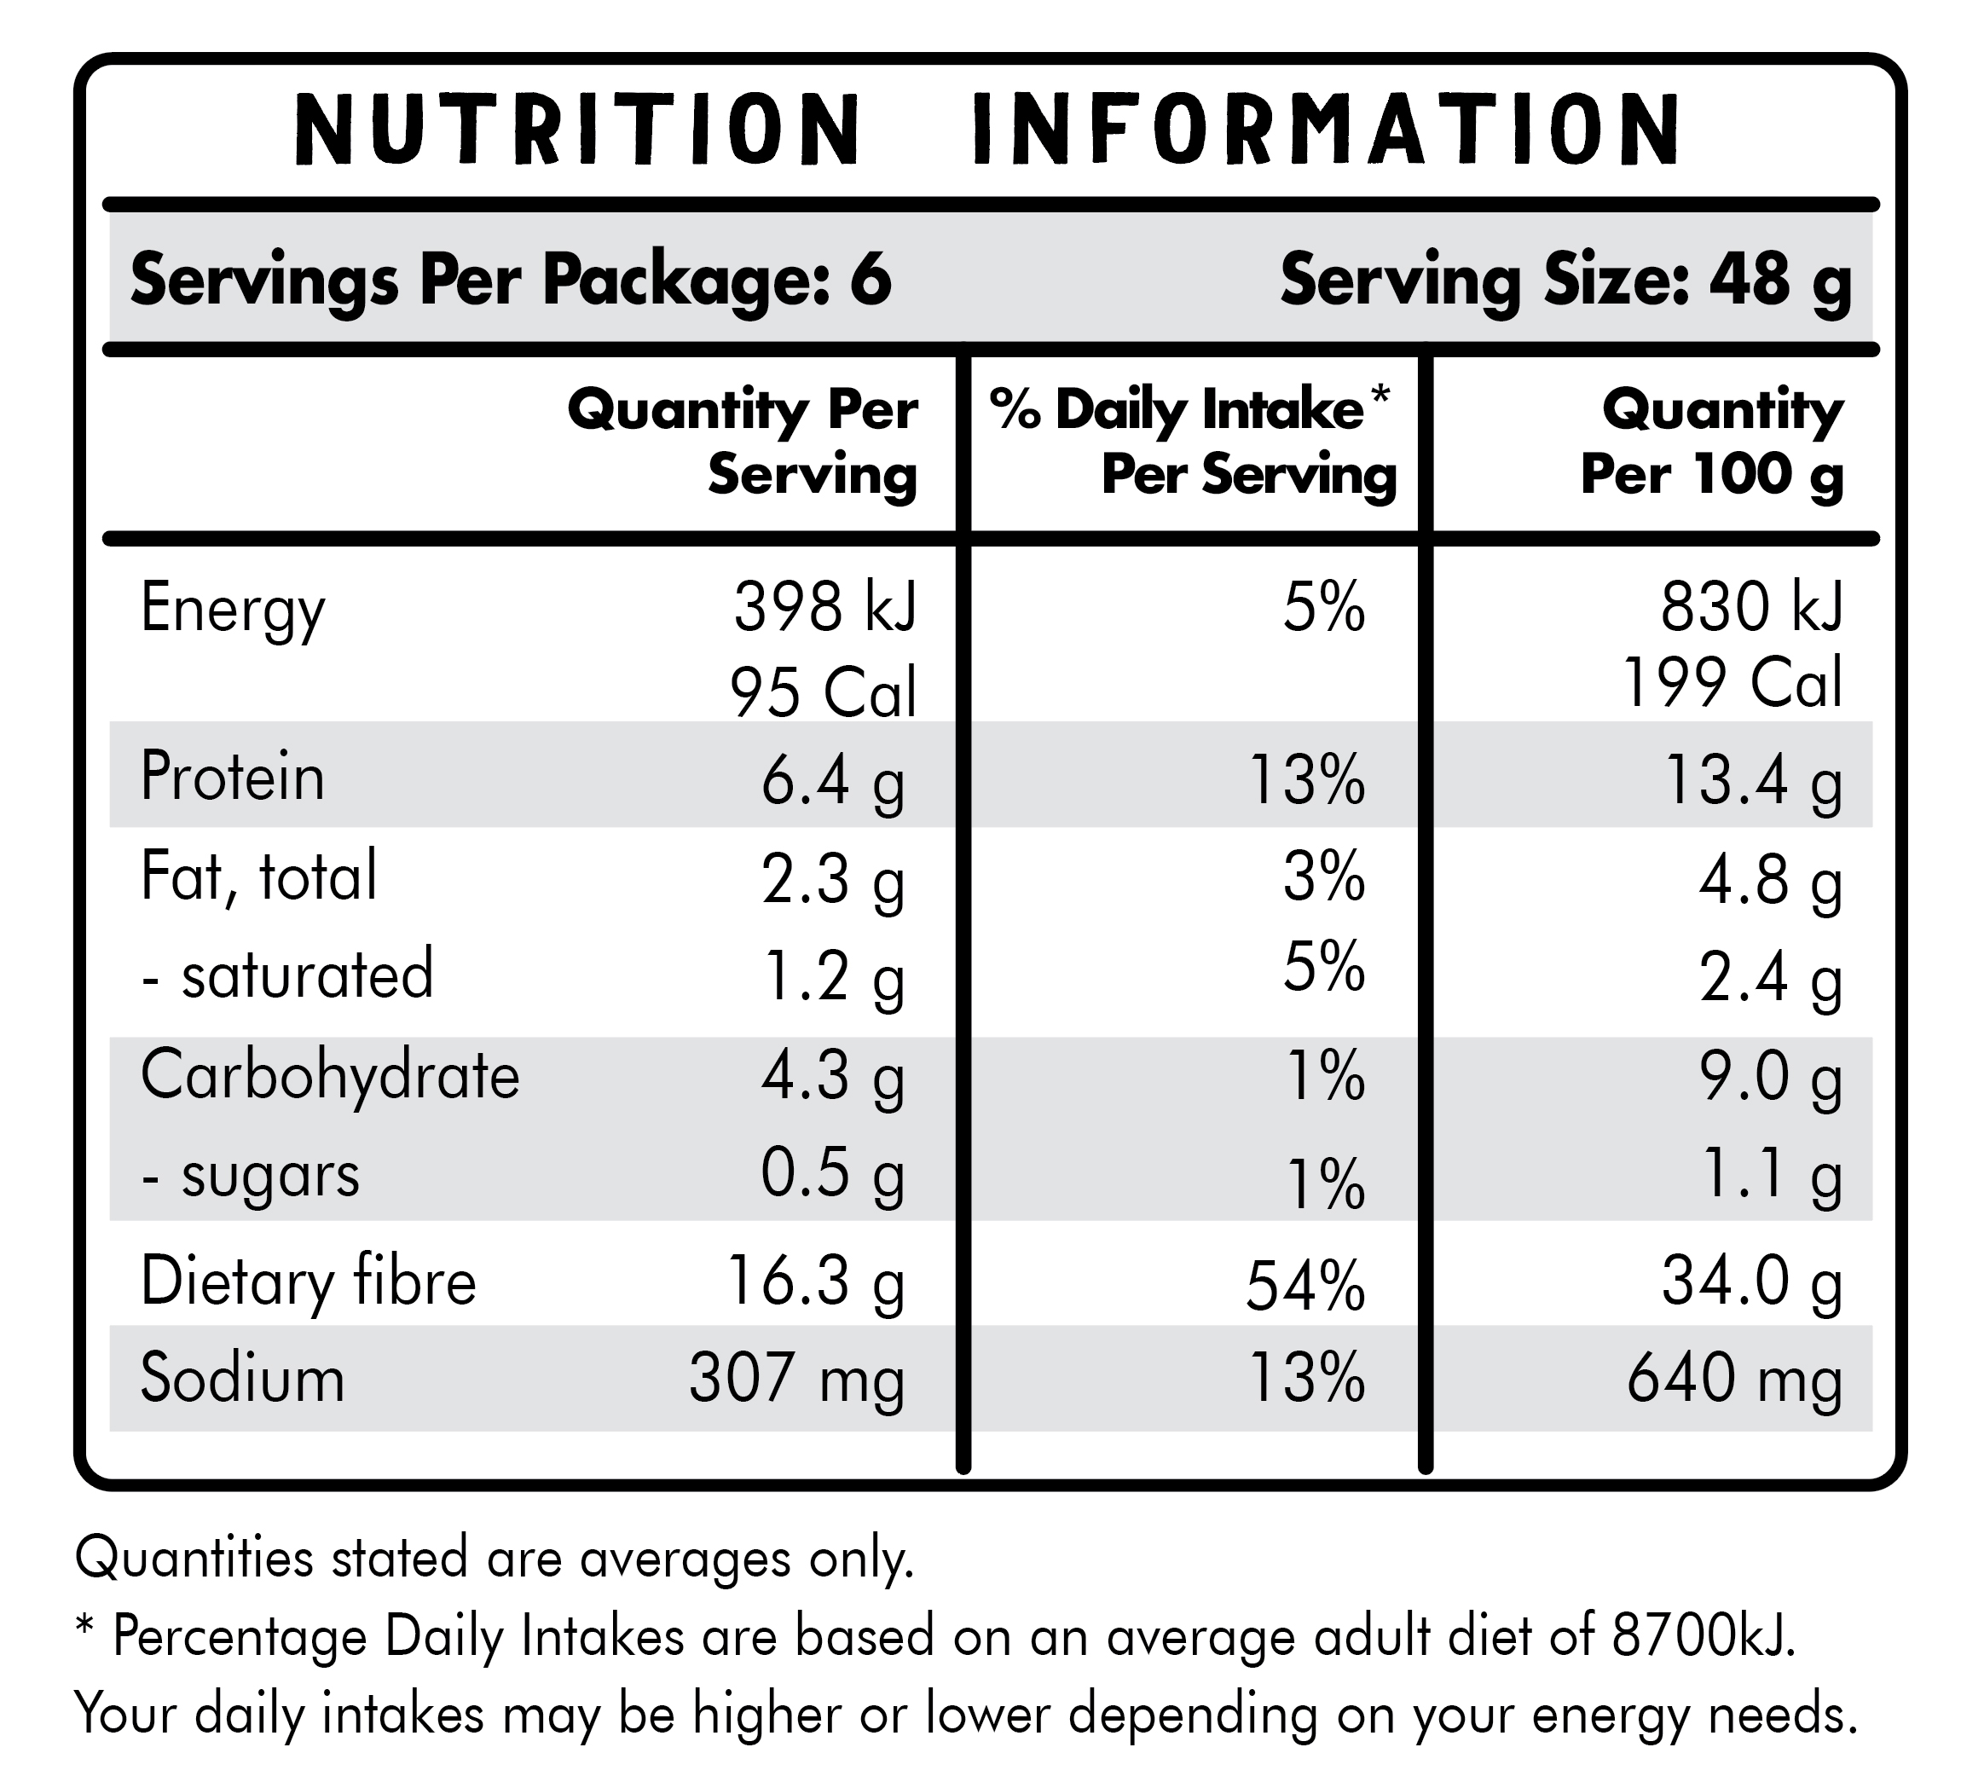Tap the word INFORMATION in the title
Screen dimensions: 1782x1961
point(1327,129)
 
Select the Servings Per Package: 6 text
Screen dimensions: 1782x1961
point(511,279)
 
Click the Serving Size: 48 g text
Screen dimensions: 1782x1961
point(1565,279)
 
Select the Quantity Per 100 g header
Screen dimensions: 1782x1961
point(1712,442)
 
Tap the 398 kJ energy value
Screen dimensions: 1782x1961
point(824,608)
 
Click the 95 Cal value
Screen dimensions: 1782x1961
point(823,692)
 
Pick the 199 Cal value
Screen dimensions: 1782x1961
point(1732,682)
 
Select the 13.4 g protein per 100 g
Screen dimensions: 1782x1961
point(1753,781)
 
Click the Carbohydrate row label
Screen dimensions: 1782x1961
point(330,1076)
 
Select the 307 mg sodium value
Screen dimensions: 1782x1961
point(796,1380)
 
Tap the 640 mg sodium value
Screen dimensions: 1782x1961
point(1734,1380)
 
